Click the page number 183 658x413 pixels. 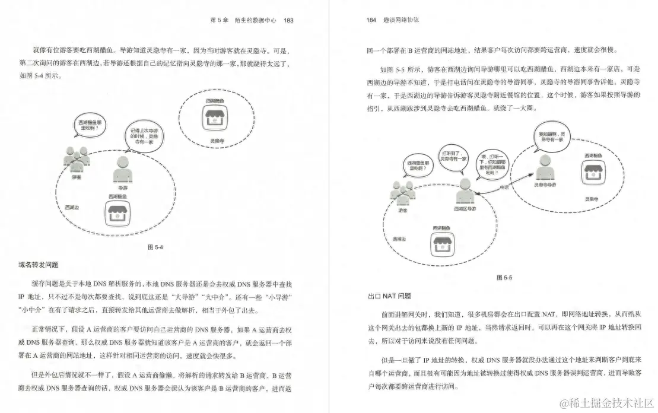tap(288, 20)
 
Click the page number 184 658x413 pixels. tap(371, 20)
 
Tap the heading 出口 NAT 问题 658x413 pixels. tap(389, 296)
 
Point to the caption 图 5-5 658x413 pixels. tap(504, 278)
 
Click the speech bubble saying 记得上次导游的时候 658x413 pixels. tap(145, 138)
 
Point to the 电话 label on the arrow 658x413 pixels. tap(504, 186)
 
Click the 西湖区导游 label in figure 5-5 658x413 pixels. tap(465, 209)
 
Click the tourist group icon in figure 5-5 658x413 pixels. tap(403, 192)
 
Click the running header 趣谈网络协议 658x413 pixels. tap(402, 20)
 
